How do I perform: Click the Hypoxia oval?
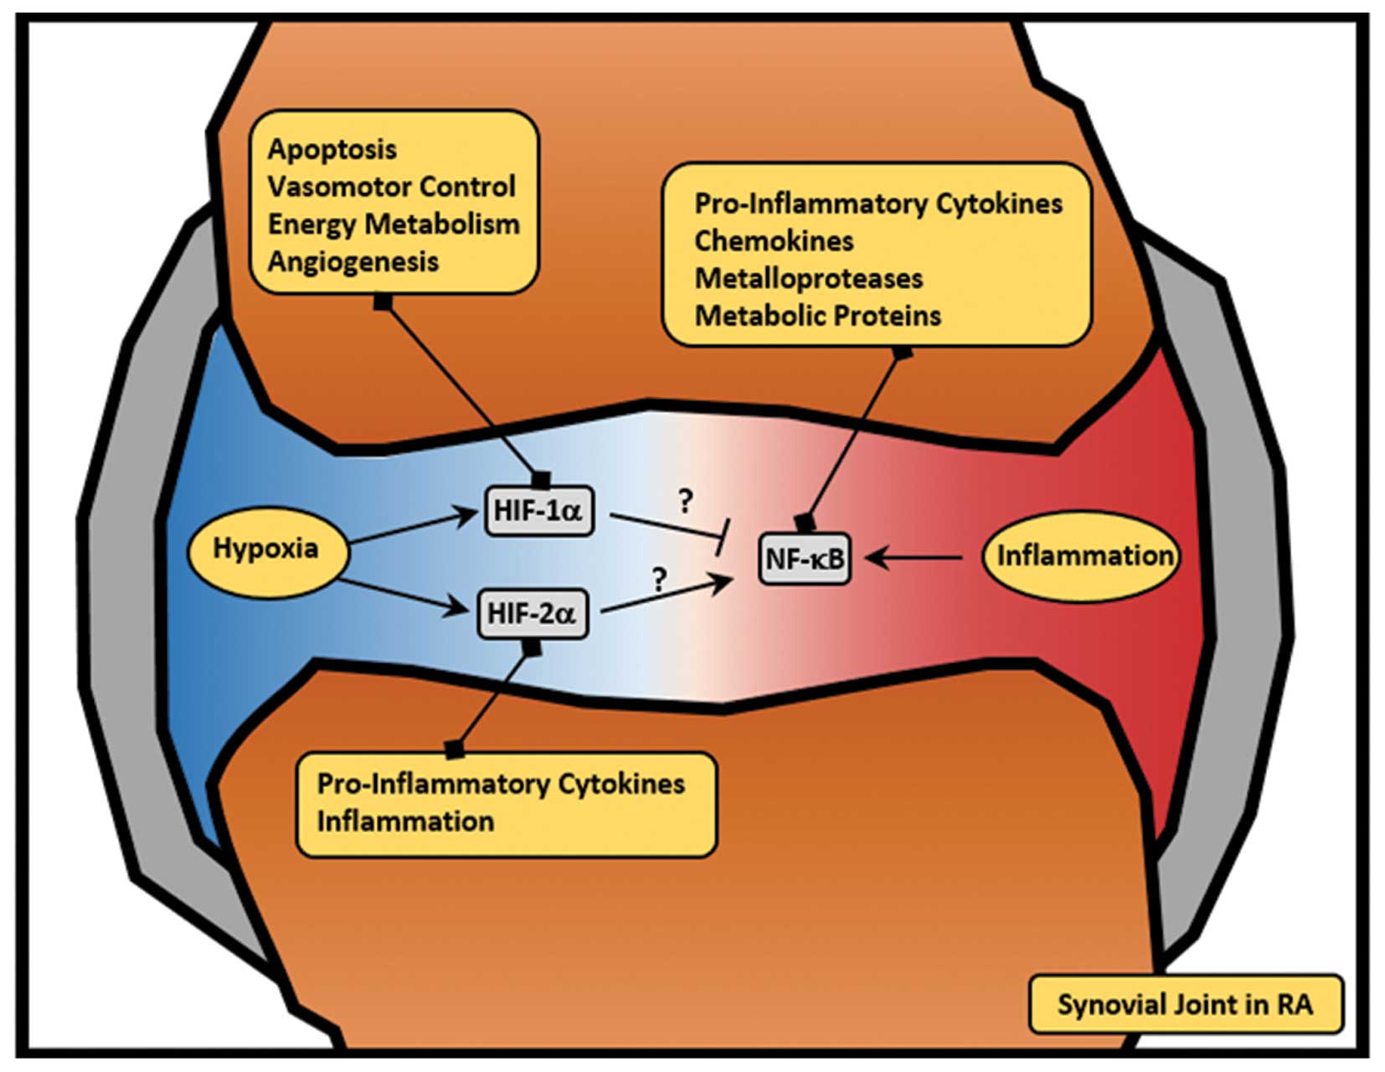[x=265, y=549]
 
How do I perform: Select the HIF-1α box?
[x=538, y=510]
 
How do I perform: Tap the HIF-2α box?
[x=532, y=614]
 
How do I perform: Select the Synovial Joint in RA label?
[x=1185, y=1004]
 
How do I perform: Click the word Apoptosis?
[x=332, y=149]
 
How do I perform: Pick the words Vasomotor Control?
[x=391, y=187]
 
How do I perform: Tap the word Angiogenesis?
[x=353, y=261]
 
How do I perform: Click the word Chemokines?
[x=774, y=241]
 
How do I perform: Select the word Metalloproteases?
[x=809, y=278]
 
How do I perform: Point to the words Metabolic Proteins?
[x=818, y=316]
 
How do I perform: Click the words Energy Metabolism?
[x=394, y=224]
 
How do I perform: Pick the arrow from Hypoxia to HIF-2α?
[x=402, y=594]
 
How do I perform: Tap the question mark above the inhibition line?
[x=686, y=501]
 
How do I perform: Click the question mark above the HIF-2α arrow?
[x=660, y=579]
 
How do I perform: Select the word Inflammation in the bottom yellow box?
[x=405, y=822]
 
